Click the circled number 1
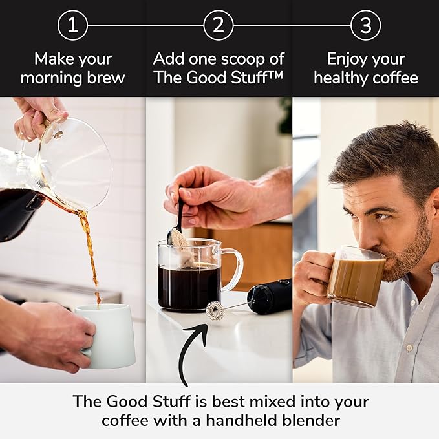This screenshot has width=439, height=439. (73, 26)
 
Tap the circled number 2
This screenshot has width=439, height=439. (219, 26)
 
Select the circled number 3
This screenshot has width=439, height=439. (365, 26)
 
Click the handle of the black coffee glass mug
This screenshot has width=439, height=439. (232, 269)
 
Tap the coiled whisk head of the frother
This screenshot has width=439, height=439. (215, 310)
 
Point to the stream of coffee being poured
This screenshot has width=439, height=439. (91, 252)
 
